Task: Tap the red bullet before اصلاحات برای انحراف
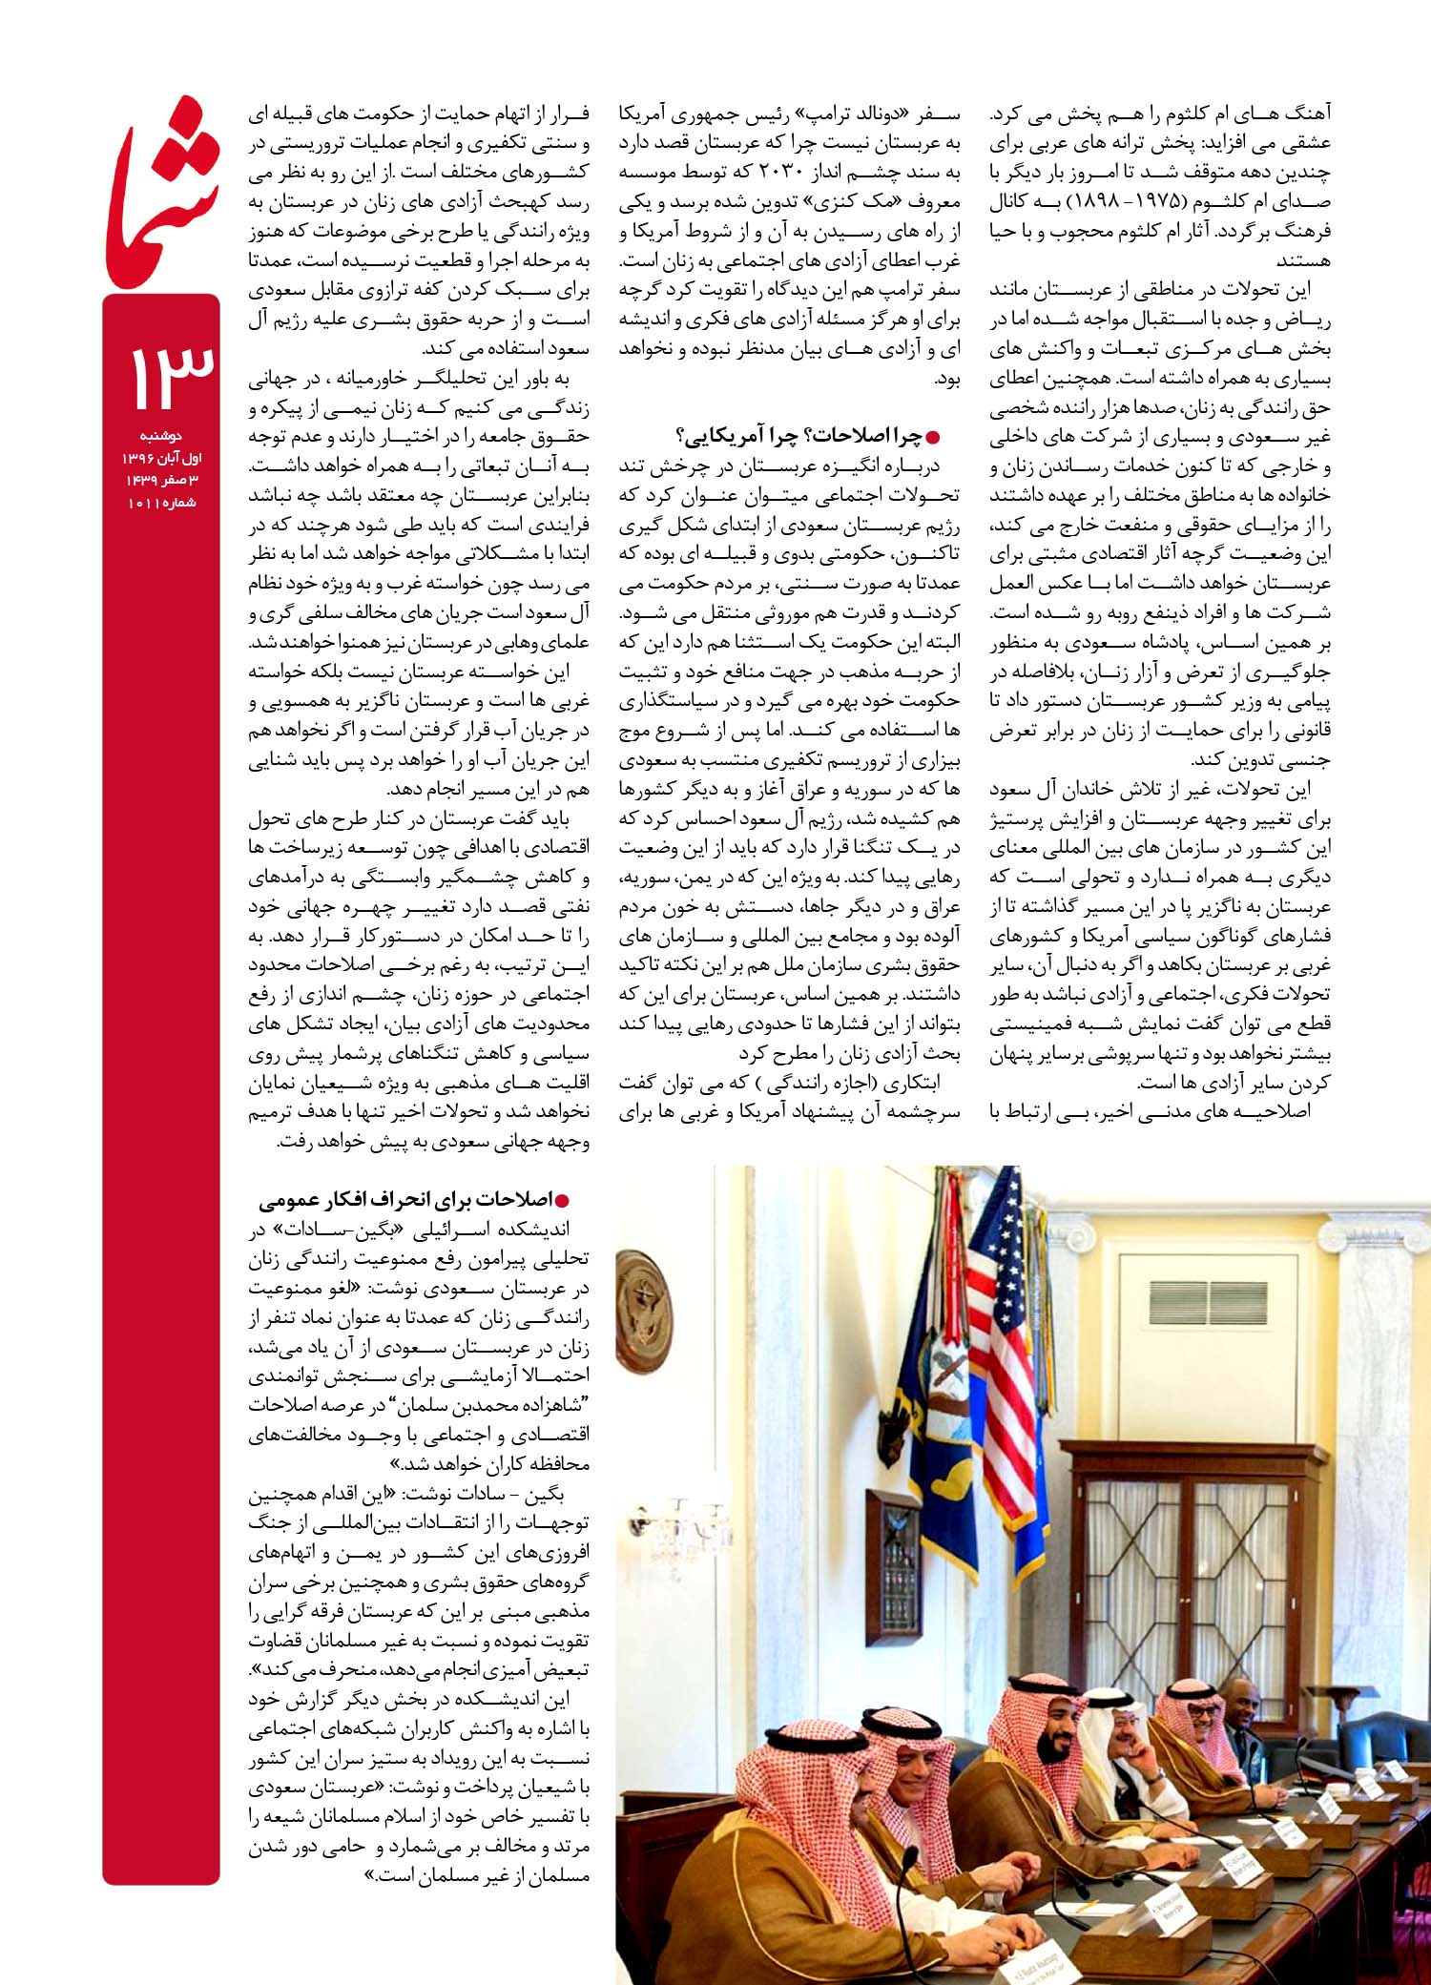pyautogui.click(x=575, y=1200)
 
